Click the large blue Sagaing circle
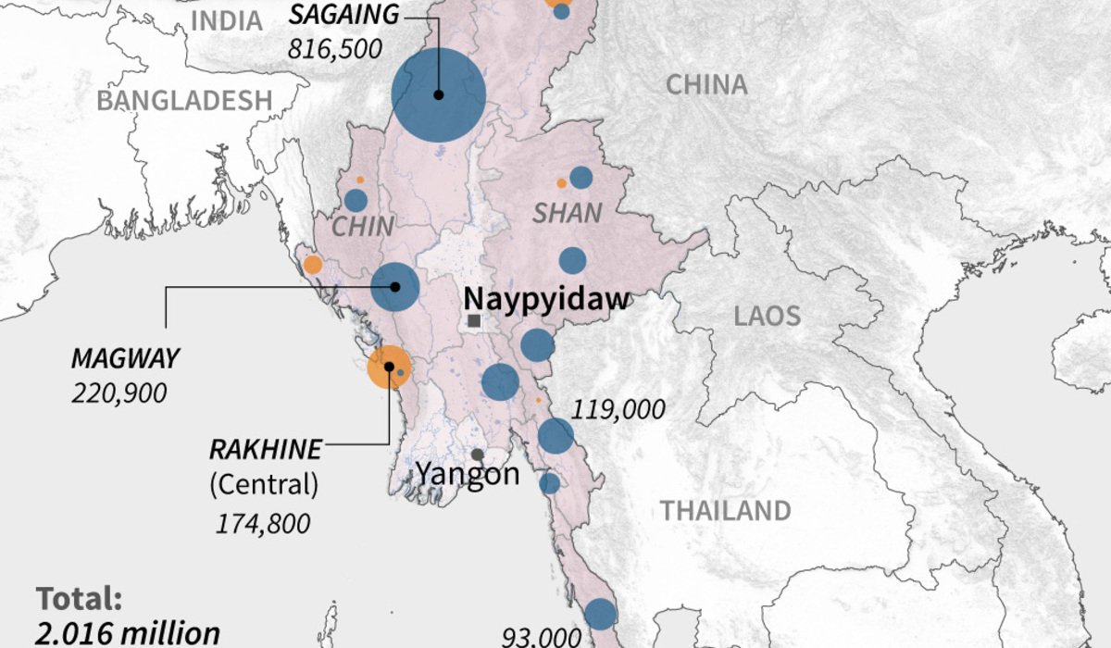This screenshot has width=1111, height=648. coord(439,95)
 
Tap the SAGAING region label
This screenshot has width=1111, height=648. coord(344,14)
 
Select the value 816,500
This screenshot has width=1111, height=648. coord(336,48)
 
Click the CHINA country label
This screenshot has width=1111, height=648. coord(706,84)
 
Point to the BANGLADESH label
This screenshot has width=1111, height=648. coord(185,100)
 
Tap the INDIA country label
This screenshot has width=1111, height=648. coord(227,20)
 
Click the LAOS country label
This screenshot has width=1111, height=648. coord(767,317)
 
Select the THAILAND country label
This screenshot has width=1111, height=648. coord(725,510)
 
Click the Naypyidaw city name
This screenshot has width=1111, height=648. coord(546,298)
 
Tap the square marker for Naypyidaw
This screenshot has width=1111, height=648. coord(474,320)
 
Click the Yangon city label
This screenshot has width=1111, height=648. coord(467,475)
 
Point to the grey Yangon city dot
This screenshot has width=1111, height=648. coord(478,455)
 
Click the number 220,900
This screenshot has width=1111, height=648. coord(119,393)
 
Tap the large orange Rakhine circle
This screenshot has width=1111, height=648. coord(389,368)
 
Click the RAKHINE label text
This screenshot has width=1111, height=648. coord(266,450)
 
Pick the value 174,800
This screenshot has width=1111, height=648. coord(263,523)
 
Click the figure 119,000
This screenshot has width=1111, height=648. coord(618,408)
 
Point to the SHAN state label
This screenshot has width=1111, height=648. coord(567,213)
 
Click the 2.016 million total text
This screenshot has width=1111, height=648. coord(128,633)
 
